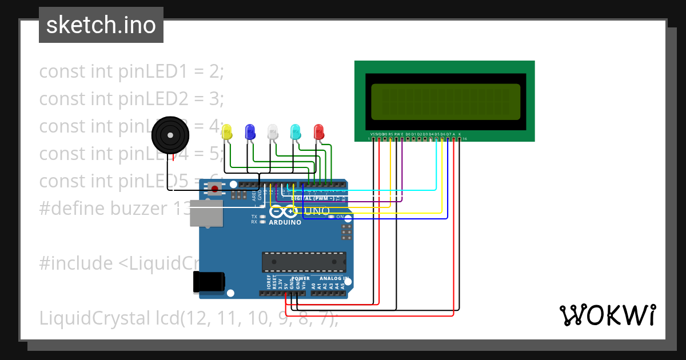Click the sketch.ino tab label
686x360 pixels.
click(x=101, y=25)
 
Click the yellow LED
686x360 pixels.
click(x=227, y=132)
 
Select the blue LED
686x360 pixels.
click(x=250, y=132)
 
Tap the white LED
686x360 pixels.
click(x=273, y=132)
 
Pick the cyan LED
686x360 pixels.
click(x=296, y=132)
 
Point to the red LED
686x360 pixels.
click(x=318, y=132)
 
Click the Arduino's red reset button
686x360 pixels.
click(x=214, y=188)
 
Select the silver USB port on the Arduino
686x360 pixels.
click(x=206, y=214)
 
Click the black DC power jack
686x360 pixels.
click(x=209, y=282)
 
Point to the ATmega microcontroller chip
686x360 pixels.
click(x=304, y=262)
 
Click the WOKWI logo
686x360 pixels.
click(x=607, y=315)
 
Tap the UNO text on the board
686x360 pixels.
click(x=317, y=211)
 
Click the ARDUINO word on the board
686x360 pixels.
click(x=285, y=222)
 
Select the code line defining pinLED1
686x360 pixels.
click(x=131, y=71)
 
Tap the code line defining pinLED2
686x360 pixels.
click(x=131, y=99)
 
